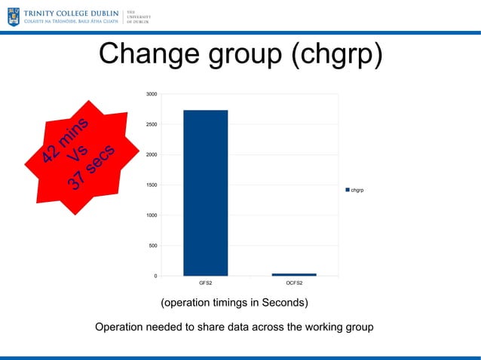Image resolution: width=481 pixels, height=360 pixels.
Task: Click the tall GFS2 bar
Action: pos(205,193)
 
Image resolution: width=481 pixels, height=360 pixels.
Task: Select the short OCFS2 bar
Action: pos(294,274)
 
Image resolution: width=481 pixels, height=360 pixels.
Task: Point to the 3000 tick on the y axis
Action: pos(152,94)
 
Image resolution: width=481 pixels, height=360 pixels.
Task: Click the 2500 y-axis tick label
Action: pos(152,124)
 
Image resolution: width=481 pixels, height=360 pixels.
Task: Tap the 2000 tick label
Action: pos(152,155)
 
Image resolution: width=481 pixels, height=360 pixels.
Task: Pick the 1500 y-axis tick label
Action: pos(152,185)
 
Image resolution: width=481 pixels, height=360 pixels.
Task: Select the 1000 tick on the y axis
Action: pos(152,215)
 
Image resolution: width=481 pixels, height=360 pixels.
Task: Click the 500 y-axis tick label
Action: pos(153,246)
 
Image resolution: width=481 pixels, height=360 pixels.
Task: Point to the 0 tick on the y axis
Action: pos(155,276)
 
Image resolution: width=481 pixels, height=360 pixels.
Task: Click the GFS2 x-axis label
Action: pos(205,285)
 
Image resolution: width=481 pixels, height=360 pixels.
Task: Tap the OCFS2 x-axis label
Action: pos(294,285)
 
